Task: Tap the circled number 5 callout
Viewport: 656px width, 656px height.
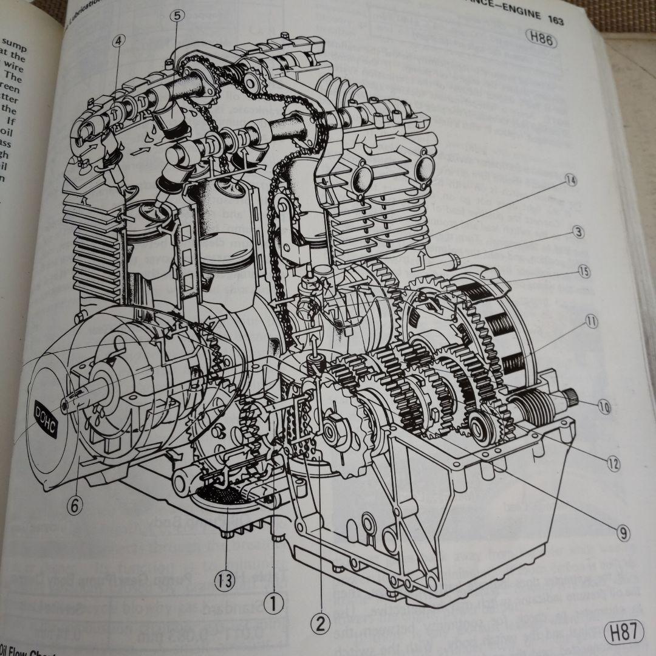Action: [176, 16]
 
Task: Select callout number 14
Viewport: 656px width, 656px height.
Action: [570, 180]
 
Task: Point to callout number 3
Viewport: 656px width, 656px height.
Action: [578, 231]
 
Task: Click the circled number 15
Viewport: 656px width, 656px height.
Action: [584, 272]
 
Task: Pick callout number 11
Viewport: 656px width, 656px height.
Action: [590, 322]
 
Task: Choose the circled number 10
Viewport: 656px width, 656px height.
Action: [603, 408]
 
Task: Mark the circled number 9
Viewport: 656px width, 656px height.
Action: [622, 533]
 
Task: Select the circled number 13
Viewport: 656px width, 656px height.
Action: [225, 579]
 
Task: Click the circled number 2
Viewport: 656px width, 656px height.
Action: [319, 623]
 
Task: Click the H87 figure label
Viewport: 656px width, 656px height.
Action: [623, 632]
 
